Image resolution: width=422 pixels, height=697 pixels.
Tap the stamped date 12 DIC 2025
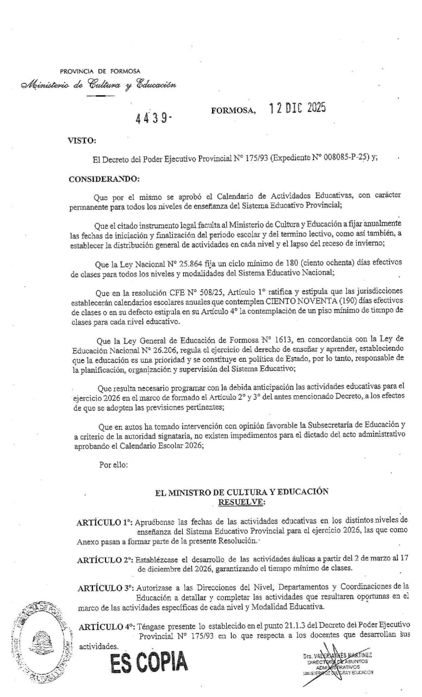(x=297, y=108)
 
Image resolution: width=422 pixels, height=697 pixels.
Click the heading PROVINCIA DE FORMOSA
(x=100, y=71)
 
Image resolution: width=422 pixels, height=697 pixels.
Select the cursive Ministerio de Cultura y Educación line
(x=98, y=85)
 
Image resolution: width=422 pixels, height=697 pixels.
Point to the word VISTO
(x=82, y=140)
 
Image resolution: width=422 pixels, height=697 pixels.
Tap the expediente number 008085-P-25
(x=337, y=158)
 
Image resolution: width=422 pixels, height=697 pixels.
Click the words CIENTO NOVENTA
(x=296, y=299)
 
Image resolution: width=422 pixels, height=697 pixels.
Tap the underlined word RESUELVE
(x=241, y=501)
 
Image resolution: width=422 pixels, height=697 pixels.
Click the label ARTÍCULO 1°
(x=104, y=522)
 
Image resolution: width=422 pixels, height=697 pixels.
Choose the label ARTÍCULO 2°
(x=105, y=560)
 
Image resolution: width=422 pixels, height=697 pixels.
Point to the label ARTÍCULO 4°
(x=105, y=627)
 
